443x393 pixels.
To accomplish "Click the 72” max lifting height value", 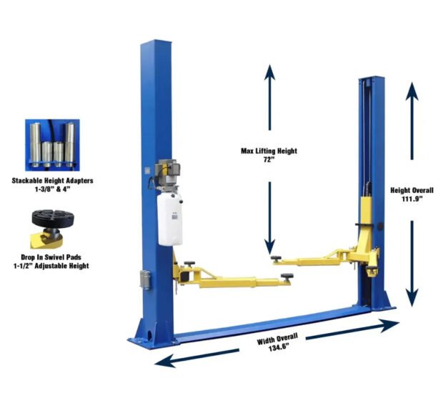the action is (269, 159).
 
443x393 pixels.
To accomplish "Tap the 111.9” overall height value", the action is (412, 199).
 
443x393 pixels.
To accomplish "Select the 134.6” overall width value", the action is (279, 347).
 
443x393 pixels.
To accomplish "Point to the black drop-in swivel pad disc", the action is (53, 218).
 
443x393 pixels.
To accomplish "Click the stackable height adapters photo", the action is (52, 145).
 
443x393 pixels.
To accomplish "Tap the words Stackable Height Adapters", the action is (52, 181).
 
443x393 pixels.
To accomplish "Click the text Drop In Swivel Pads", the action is (51, 257).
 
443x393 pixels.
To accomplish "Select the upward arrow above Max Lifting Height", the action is (269, 97).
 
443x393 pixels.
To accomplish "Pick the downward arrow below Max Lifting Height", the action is (269, 218).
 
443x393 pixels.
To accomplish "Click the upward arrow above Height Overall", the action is (412, 121).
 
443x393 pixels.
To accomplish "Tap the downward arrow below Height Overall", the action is (412, 264).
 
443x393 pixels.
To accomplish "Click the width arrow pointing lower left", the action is (197, 358).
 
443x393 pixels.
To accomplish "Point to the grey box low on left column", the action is (145, 279).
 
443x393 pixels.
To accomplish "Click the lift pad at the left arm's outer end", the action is (287, 277).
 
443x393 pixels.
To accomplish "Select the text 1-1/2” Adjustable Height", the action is (51, 266).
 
